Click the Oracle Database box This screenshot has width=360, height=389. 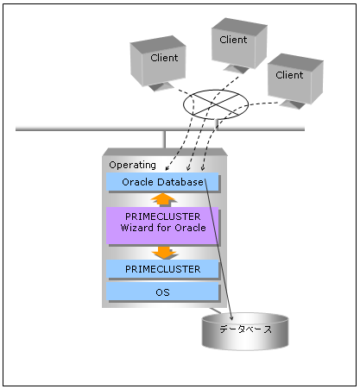pos(162,182)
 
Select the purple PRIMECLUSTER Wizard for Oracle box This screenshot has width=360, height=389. pos(162,226)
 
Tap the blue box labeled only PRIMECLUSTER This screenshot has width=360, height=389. pos(162,269)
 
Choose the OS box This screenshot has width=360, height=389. pos(162,292)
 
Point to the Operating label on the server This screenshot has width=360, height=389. pos(132,165)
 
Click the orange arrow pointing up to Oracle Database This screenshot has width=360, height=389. pos(163,199)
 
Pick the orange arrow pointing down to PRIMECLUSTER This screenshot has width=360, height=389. pos(165,253)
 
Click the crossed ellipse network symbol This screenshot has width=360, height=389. pos(216,104)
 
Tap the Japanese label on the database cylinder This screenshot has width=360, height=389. pos(245,329)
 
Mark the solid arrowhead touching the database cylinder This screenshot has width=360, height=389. pos(231,317)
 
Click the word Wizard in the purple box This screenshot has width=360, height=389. pos(137,228)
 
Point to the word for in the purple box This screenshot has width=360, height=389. pos(164,228)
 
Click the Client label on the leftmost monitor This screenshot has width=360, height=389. pos(164,58)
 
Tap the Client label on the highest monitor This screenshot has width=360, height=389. pos(233,40)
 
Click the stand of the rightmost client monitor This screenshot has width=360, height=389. pos(293,104)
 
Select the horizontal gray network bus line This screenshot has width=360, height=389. pos(160,129)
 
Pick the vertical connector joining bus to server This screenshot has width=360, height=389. pos(165,140)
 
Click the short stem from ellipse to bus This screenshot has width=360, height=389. pos(217,124)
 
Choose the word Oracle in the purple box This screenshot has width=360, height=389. pos(191,228)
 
